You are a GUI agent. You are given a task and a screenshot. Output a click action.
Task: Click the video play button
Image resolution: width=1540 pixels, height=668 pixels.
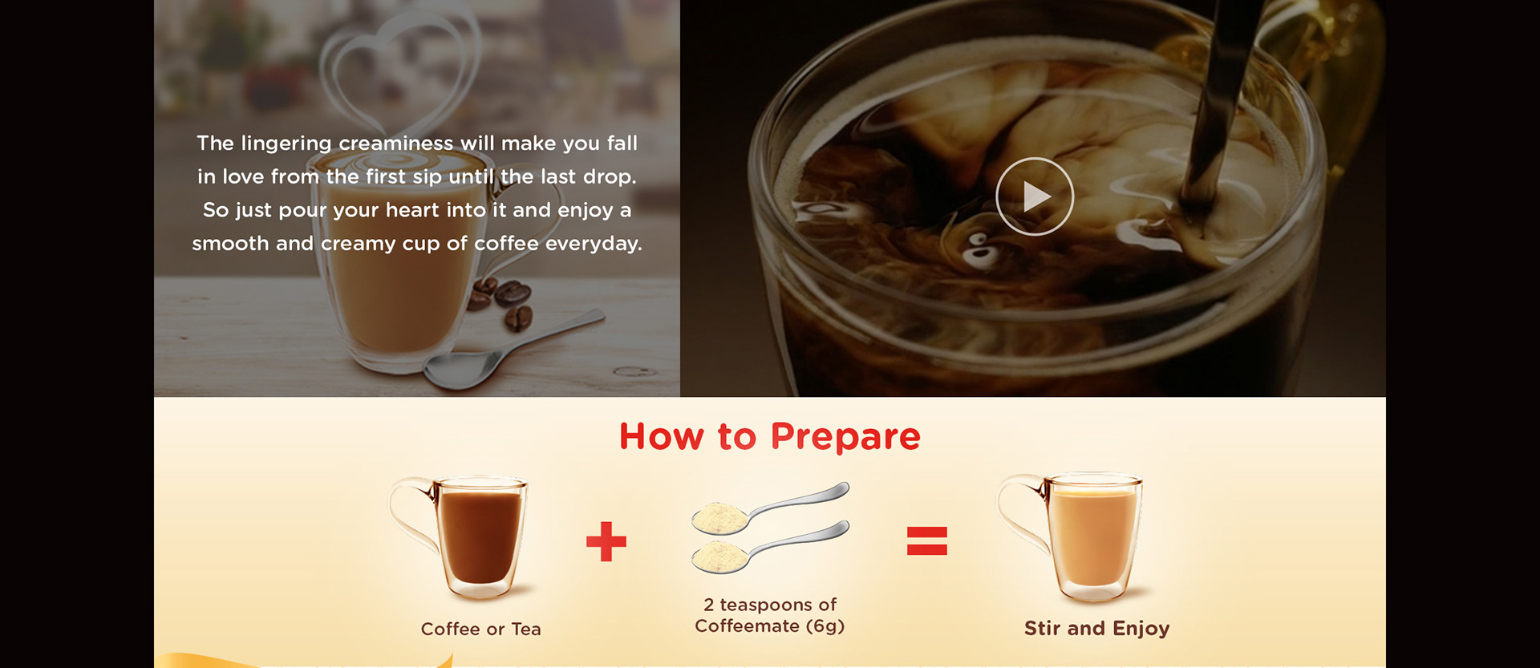1035,196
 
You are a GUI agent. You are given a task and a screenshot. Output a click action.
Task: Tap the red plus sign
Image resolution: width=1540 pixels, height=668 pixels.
606,541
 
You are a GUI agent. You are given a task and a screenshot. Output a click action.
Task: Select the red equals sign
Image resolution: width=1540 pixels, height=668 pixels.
927,541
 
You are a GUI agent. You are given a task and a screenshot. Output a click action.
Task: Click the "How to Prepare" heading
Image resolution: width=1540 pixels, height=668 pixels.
770,437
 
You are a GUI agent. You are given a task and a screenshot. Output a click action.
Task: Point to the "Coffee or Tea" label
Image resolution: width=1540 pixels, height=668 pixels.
481,630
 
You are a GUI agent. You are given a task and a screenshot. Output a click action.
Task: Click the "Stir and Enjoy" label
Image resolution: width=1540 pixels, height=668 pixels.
1096,629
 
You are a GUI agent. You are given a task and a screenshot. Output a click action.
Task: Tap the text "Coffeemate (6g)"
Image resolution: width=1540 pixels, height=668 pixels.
770,626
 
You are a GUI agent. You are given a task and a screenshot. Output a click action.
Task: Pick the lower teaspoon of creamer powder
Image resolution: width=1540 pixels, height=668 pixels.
770,547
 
